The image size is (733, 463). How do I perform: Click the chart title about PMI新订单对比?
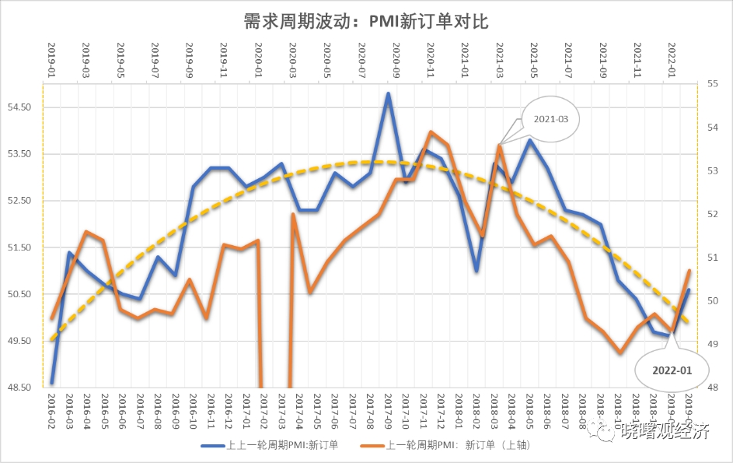pos(366,21)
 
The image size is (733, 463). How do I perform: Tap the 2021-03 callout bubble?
pos(551,119)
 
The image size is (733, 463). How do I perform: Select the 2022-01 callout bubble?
pos(672,370)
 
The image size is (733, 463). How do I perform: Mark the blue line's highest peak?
pos(388,93)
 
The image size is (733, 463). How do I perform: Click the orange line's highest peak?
pos(431,132)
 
